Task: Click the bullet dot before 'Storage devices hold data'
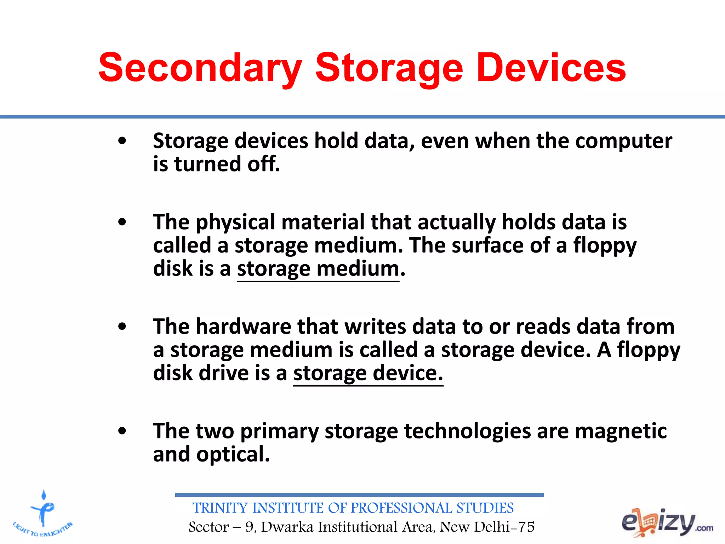click(122, 141)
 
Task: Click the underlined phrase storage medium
click(318, 269)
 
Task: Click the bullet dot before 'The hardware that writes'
click(122, 327)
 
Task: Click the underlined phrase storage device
click(368, 374)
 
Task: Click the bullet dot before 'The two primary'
click(122, 431)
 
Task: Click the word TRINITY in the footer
click(220, 508)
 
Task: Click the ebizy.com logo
click(667, 522)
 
